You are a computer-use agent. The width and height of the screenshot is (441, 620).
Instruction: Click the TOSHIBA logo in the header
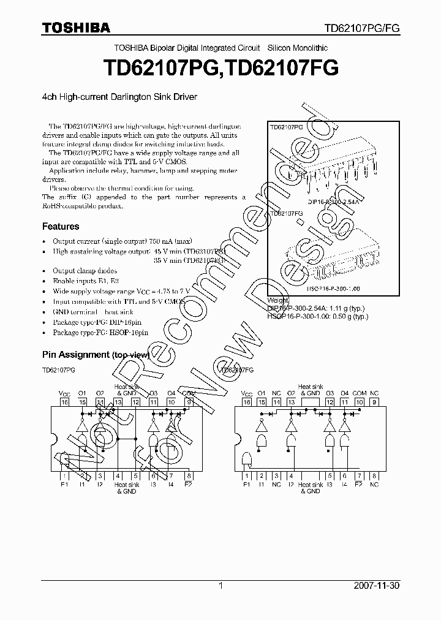click(x=76, y=28)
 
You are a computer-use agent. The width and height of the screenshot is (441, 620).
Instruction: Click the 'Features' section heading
click(x=60, y=226)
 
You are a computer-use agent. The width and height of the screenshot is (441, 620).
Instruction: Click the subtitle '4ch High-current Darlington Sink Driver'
click(x=119, y=96)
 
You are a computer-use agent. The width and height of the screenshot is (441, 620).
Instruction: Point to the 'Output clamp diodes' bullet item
click(x=85, y=271)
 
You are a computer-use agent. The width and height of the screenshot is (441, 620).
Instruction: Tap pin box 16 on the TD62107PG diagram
click(x=64, y=403)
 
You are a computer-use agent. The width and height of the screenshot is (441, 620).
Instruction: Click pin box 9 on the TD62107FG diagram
click(x=374, y=403)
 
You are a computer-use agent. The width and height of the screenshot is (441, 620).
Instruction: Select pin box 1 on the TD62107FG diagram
click(x=247, y=475)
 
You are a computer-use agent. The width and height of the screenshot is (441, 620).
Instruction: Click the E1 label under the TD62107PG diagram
click(x=64, y=485)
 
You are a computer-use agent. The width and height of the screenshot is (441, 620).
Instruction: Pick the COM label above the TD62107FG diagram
click(x=360, y=393)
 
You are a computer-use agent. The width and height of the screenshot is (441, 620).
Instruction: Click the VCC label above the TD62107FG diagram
click(x=247, y=393)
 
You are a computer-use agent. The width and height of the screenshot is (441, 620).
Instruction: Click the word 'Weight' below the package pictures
click(x=277, y=300)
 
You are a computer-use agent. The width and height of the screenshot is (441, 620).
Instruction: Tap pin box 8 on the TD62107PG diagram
click(x=189, y=475)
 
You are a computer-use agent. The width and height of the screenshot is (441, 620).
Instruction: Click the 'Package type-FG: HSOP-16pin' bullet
click(x=100, y=333)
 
